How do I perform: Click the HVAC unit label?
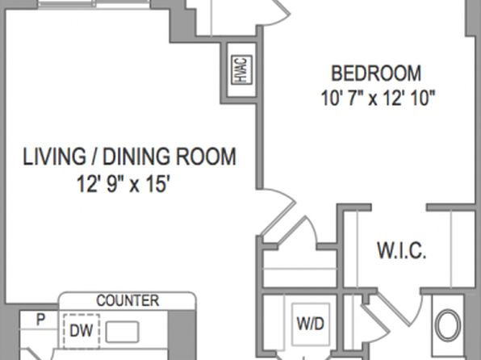[241, 69]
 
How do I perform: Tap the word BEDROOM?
[376, 73]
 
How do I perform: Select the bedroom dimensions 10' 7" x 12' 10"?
[378, 98]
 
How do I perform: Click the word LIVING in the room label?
[54, 157]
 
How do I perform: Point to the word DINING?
[136, 157]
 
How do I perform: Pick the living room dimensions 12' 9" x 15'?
[123, 183]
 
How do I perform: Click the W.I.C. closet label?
[402, 251]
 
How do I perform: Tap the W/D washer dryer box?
[311, 324]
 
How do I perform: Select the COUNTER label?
[128, 301]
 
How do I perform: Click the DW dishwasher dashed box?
[82, 331]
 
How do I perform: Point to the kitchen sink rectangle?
[122, 332]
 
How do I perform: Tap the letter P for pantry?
[40, 320]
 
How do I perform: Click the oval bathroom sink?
[448, 325]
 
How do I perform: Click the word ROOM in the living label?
[206, 157]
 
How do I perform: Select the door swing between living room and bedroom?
[278, 211]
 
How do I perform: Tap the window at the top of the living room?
[95, 4]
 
